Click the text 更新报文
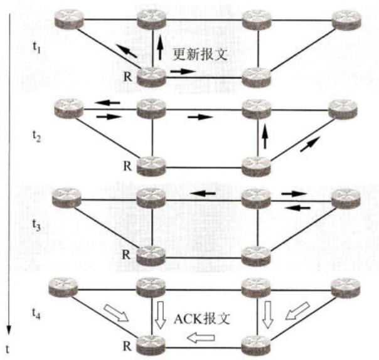200,55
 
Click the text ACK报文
202,319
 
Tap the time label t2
36,136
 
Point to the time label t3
36,225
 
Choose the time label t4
36,314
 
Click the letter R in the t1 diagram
128,77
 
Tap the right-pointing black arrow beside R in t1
183,71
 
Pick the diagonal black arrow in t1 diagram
126,51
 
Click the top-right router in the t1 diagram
346,20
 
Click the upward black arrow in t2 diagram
265,136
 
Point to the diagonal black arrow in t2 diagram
311,144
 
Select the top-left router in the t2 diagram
69,109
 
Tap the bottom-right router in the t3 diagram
256,257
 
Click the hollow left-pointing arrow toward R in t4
201,337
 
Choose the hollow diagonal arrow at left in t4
116,313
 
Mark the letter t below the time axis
8,349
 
